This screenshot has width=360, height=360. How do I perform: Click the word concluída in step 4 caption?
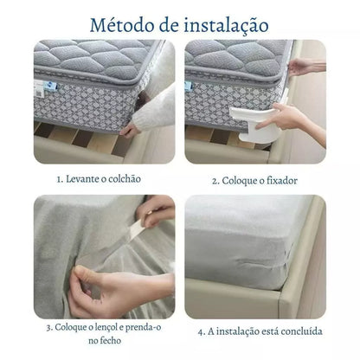(x=298, y=330)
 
